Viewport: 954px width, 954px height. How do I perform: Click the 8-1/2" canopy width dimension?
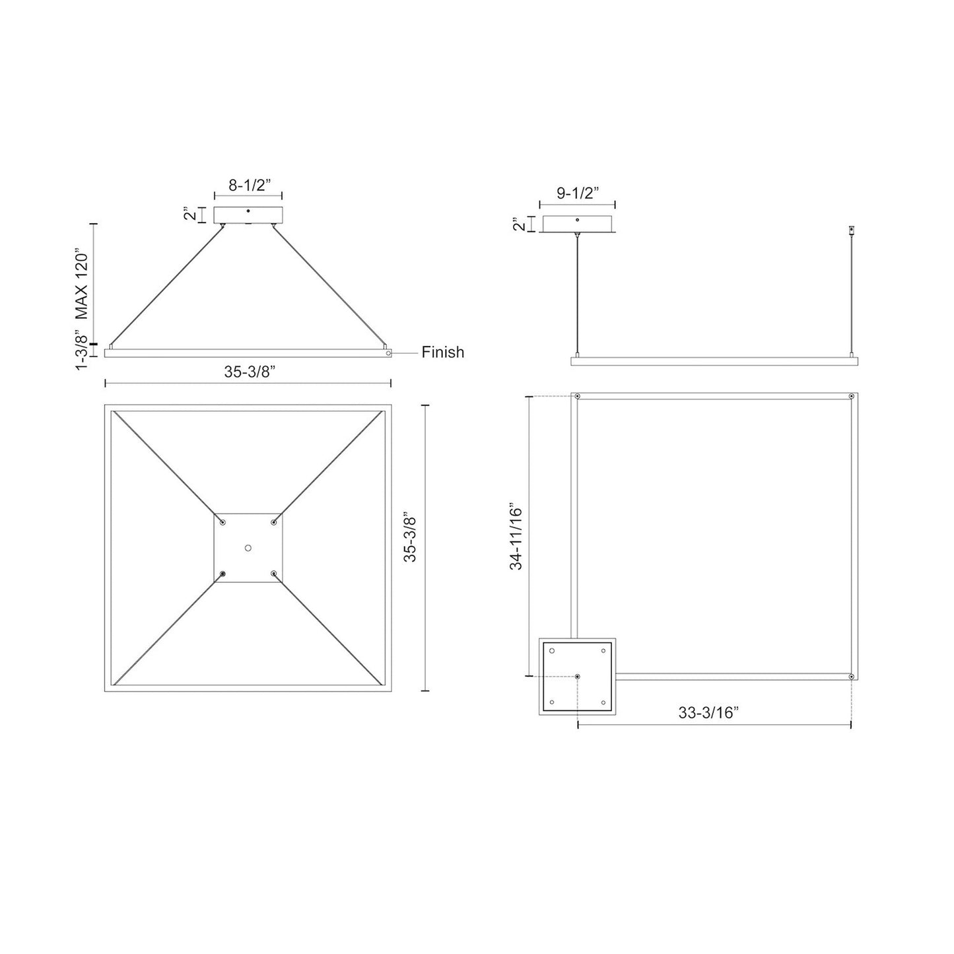[248, 186]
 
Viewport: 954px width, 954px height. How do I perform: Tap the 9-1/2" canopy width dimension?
[577, 193]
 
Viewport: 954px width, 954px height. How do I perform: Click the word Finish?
[443, 353]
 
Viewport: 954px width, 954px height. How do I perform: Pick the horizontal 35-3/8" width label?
[249, 372]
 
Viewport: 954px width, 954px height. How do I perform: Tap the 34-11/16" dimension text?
[516, 538]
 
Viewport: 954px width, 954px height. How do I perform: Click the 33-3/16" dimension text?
[708, 713]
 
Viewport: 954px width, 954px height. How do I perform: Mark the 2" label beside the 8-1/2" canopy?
[190, 215]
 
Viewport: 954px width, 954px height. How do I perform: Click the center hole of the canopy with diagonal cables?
[248, 548]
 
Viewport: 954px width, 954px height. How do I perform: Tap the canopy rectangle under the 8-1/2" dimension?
[248, 215]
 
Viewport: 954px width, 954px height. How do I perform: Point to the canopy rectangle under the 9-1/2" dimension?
[578, 224]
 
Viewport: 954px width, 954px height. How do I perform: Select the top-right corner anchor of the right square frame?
[852, 397]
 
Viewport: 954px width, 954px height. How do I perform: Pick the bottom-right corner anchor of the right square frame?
[852, 677]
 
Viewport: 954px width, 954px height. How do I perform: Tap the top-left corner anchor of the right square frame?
[578, 397]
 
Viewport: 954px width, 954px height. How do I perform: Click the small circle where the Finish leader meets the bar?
[389, 353]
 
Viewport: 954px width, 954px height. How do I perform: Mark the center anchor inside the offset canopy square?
[578, 677]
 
